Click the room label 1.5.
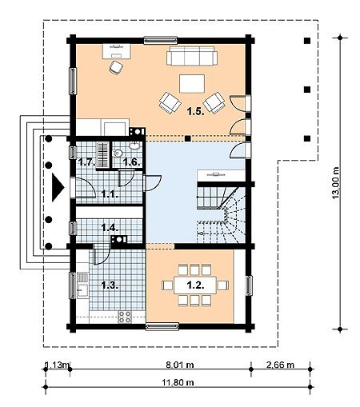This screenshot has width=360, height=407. tap(195, 111)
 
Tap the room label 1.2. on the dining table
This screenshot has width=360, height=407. tap(195, 285)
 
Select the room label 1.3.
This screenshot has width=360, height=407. tap(110, 285)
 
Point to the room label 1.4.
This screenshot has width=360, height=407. tap(110, 228)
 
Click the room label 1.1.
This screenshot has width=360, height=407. tap(110, 194)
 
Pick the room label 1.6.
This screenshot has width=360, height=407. tap(131, 162)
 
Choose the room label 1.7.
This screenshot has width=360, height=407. tap(86, 162)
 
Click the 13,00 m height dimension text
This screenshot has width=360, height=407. tap(335, 182)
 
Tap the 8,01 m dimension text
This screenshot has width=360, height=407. tap(180, 365)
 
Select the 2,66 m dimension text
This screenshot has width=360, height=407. tap(281, 365)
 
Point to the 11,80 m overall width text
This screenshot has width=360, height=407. tap(178, 382)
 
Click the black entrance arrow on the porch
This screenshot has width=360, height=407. tap(58, 187)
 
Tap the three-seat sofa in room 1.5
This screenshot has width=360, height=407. tap(192, 56)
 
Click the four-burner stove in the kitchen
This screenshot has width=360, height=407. tap(125, 317)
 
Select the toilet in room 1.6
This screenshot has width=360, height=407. tap(118, 154)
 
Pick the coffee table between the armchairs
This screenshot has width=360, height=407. tap(192, 84)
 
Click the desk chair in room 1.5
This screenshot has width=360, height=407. tap(116, 67)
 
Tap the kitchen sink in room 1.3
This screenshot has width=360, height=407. tap(82, 290)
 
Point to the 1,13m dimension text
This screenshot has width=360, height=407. tap(58, 365)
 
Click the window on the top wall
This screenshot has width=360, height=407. tap(161, 40)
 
